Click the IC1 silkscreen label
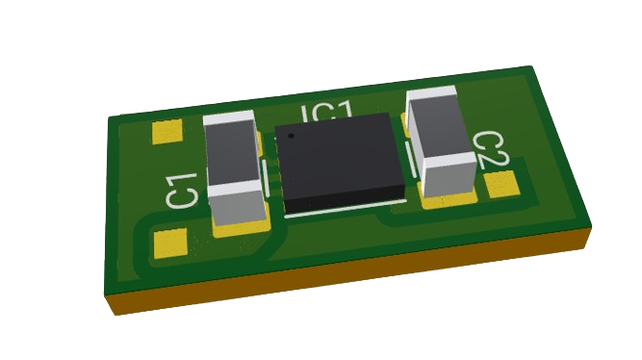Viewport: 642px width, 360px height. pyautogui.click(x=326, y=113)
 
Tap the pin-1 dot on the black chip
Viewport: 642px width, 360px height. pyautogui.click(x=291, y=136)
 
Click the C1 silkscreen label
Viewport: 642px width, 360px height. pyautogui.click(x=182, y=191)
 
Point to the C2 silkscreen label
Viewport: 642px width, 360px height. pyautogui.click(x=492, y=149)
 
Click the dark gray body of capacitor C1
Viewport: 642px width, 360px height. pyautogui.click(x=233, y=155)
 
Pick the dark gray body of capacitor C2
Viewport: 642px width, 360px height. pyautogui.click(x=437, y=130)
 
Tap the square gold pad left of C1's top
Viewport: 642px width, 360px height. pyautogui.click(x=167, y=132)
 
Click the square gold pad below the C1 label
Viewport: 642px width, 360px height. pyautogui.click(x=170, y=244)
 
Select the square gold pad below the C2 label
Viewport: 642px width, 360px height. pyautogui.click(x=501, y=184)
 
